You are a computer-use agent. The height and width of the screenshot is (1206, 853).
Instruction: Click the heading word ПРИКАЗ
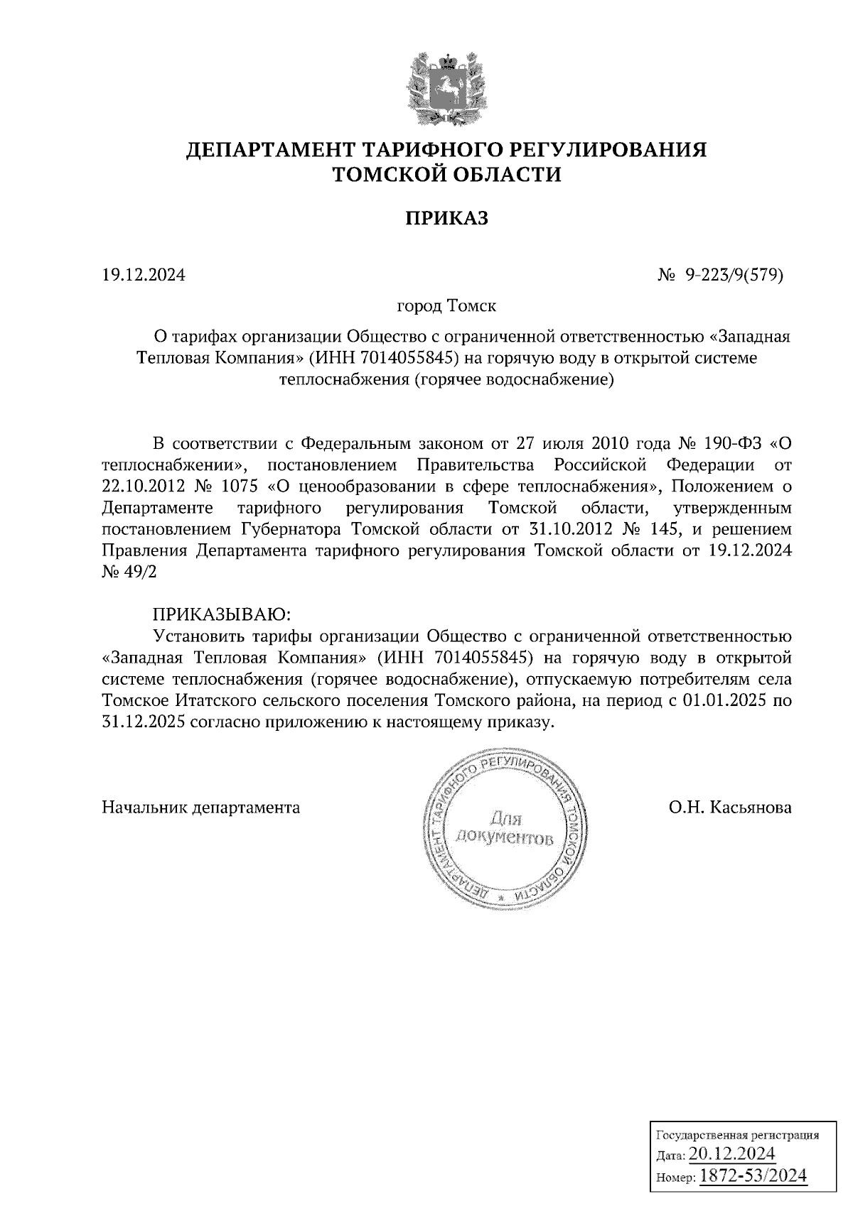pyautogui.click(x=447, y=218)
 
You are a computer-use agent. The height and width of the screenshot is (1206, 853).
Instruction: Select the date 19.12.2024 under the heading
pyautogui.click(x=144, y=274)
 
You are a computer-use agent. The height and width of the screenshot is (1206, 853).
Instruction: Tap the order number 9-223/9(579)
pyautogui.click(x=734, y=274)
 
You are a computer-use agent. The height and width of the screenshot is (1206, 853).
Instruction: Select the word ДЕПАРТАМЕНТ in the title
pyautogui.click(x=270, y=150)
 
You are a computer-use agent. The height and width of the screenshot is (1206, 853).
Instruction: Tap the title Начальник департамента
pyautogui.click(x=201, y=808)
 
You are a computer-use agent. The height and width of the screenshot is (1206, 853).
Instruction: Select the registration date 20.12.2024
pyautogui.click(x=731, y=1153)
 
